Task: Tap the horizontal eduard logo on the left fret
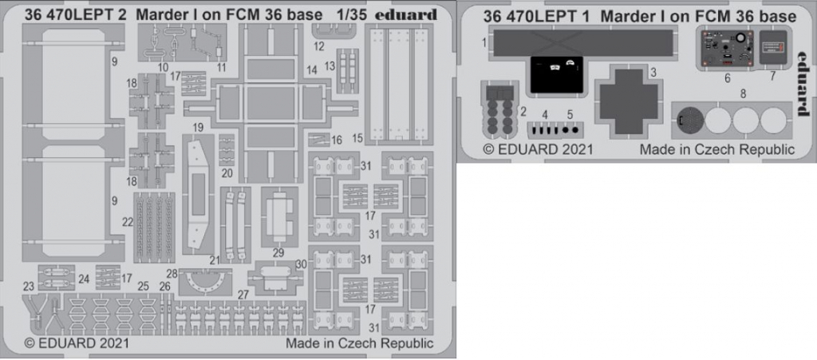(407, 15)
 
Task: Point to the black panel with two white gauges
(556, 73)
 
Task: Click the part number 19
(198, 127)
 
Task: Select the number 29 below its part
(278, 254)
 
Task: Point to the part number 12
(319, 46)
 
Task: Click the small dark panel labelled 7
(772, 47)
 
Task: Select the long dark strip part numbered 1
(581, 43)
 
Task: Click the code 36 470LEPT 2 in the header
(75, 15)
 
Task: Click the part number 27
(243, 295)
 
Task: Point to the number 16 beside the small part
(337, 140)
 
